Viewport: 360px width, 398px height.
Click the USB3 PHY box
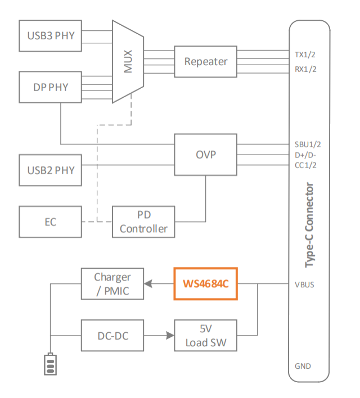click(x=51, y=37)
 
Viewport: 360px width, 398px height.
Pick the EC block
click(x=51, y=222)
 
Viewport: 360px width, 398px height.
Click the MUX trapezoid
click(x=128, y=62)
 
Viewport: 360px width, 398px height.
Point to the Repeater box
click(x=205, y=61)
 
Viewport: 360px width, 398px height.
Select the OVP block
click(x=205, y=154)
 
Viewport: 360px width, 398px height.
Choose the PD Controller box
click(x=143, y=222)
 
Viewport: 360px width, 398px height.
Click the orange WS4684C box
click(x=205, y=284)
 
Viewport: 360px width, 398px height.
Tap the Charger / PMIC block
click(x=112, y=284)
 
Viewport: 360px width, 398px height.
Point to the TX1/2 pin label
click(x=305, y=55)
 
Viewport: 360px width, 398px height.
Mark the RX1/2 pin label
click(x=305, y=69)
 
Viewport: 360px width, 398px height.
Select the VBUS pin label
click(x=304, y=284)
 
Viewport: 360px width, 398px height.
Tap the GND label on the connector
click(x=303, y=366)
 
